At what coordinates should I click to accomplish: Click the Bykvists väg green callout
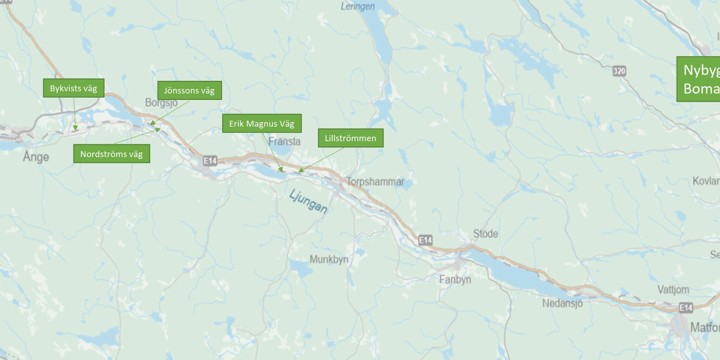click(73, 89)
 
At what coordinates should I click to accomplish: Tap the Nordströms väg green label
click(111, 154)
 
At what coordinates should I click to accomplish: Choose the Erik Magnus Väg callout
click(261, 123)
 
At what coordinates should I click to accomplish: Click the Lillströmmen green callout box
click(350, 137)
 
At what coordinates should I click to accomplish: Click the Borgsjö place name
click(161, 102)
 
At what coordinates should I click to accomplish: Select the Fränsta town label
click(284, 142)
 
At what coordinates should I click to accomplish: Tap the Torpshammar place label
click(373, 182)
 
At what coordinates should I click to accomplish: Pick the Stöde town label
click(485, 233)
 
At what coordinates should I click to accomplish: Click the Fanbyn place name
click(455, 280)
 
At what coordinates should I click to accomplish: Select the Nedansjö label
click(562, 302)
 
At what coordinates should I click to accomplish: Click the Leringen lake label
click(357, 6)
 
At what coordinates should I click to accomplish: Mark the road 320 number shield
click(620, 71)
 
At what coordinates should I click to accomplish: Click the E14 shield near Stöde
click(426, 240)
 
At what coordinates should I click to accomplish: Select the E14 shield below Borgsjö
click(209, 159)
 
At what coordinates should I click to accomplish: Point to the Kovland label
click(705, 181)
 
